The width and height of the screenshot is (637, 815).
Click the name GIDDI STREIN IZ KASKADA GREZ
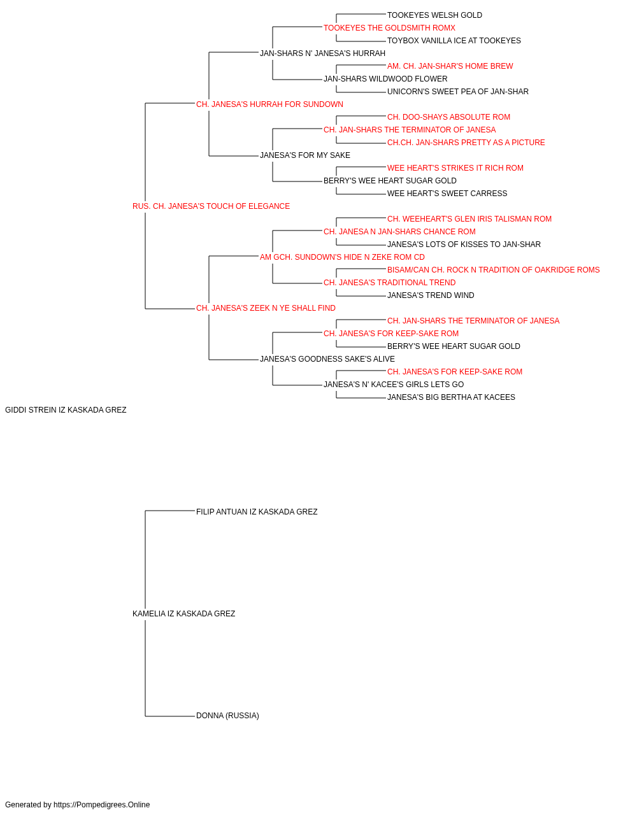click(x=66, y=410)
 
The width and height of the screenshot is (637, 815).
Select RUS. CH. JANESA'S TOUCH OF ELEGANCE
click(x=211, y=206)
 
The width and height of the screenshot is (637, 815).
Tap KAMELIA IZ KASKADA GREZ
click(x=184, y=614)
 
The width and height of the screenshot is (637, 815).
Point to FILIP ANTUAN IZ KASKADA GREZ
click(x=257, y=512)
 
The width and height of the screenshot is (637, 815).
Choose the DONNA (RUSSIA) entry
click(x=227, y=716)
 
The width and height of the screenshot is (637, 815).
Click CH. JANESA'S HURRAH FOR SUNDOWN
click(x=269, y=104)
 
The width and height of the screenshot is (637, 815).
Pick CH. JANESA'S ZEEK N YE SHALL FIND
click(x=266, y=308)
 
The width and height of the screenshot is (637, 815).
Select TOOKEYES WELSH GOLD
click(x=434, y=15)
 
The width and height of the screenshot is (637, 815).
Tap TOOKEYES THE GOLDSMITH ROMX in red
click(x=389, y=28)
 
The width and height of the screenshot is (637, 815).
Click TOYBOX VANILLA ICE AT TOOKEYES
click(x=454, y=41)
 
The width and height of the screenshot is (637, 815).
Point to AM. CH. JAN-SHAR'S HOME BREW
click(x=450, y=66)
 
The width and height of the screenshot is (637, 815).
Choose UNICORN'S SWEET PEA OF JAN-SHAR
click(x=457, y=92)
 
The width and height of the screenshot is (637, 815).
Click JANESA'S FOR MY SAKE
click(x=305, y=155)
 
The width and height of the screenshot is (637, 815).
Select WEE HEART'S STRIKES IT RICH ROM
click(x=455, y=168)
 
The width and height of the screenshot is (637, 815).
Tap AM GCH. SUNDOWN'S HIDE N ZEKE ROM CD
click(x=342, y=257)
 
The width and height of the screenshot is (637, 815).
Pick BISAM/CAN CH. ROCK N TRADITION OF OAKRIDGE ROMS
click(x=493, y=270)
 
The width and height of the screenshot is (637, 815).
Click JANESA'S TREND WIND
click(x=431, y=295)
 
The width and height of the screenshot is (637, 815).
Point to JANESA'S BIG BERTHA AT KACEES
click(x=451, y=397)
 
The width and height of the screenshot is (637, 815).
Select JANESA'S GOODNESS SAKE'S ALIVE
click(x=327, y=359)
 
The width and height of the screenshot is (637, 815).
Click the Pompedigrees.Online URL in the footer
click(x=102, y=805)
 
